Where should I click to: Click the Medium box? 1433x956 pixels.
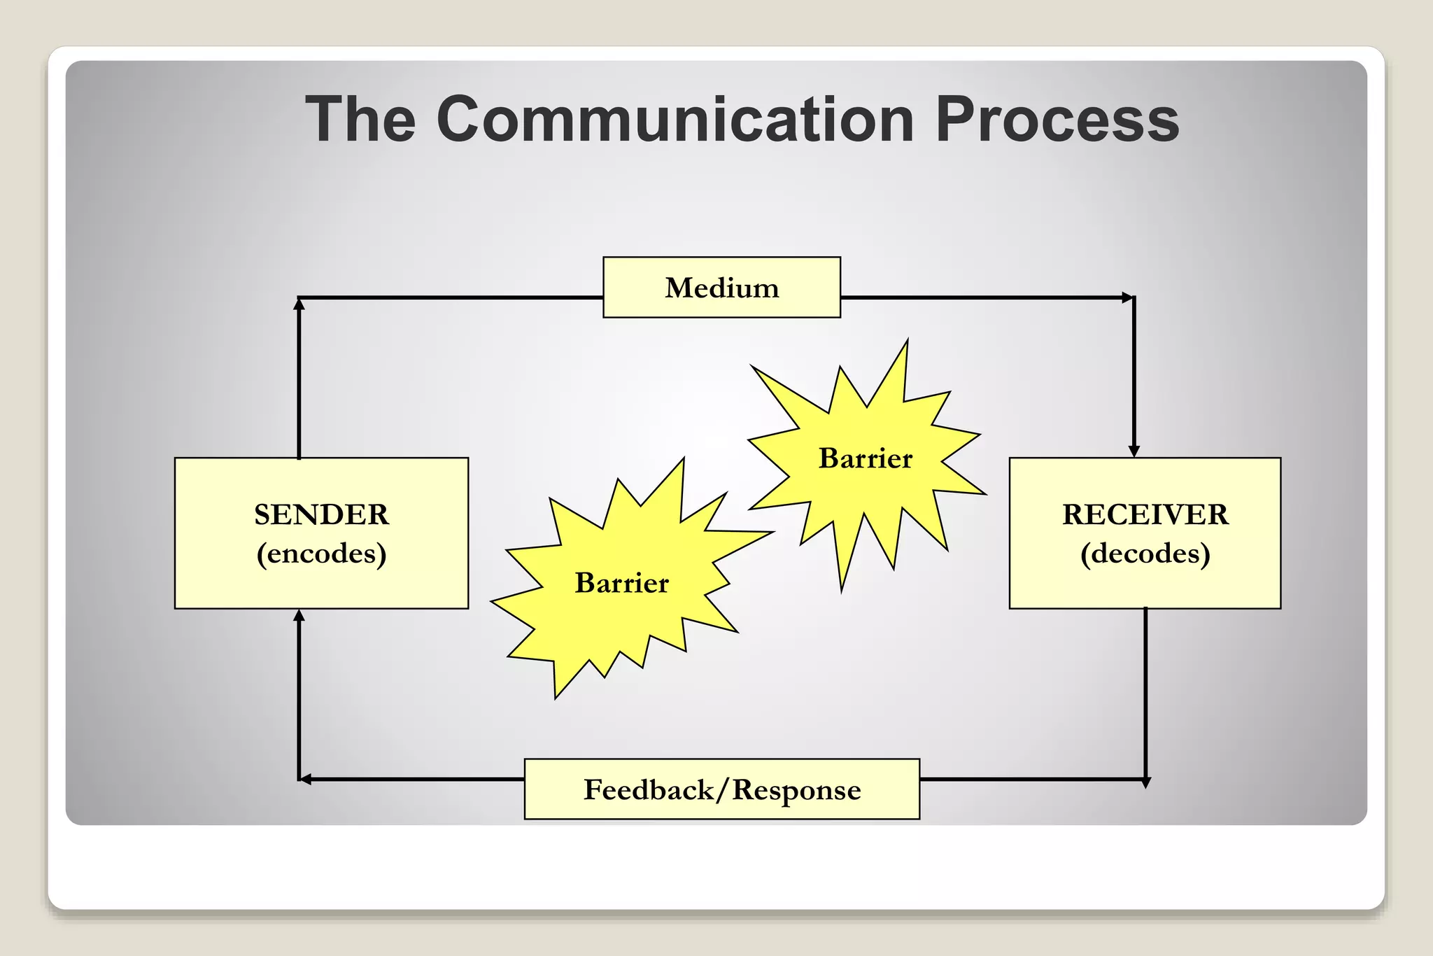coord(721,288)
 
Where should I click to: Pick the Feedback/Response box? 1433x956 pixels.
coord(721,789)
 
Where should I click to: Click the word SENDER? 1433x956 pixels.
coord(321,514)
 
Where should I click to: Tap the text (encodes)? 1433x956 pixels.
coord(321,554)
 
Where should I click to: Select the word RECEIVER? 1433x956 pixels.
coord(1145,514)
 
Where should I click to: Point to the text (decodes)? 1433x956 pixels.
coord(1145,554)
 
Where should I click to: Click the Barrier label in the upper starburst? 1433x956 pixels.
coord(866,458)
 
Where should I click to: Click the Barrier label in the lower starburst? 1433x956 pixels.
coord(621,583)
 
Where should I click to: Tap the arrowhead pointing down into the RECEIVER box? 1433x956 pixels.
coord(1134,451)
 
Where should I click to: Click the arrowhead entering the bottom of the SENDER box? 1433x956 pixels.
coord(299,615)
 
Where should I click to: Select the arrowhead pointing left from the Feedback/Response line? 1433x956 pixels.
coord(305,779)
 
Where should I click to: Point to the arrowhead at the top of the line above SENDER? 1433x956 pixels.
coord(299,304)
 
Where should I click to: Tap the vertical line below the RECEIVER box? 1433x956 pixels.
coord(1145,693)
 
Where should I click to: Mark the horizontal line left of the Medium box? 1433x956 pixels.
coord(448,297)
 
